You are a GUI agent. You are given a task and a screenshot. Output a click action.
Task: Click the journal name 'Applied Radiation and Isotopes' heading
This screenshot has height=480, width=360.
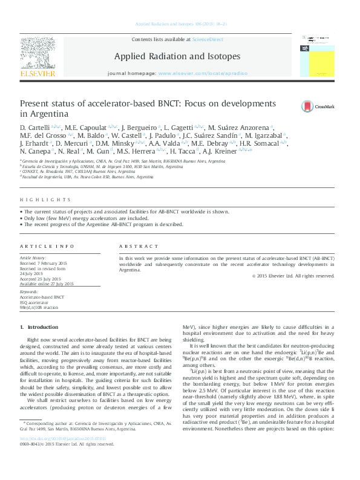pos(177,56)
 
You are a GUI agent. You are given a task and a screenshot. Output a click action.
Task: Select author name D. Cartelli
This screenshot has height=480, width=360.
pos(34,128)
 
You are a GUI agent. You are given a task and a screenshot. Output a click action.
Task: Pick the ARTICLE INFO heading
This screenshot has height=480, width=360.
pos(47,247)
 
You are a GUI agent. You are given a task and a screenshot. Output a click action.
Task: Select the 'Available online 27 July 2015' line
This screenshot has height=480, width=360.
pos(47,284)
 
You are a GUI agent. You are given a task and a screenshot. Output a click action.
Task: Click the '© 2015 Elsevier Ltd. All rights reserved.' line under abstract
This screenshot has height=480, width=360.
pos(293,276)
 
